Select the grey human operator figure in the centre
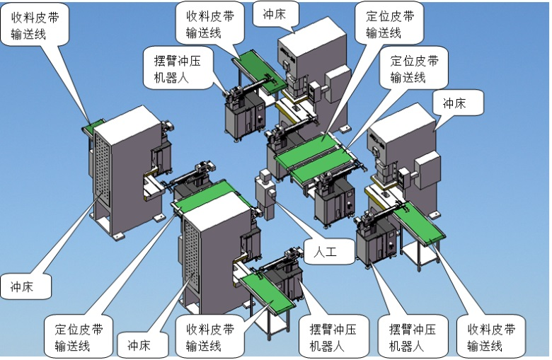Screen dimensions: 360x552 266,194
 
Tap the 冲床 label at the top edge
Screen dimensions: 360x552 275,13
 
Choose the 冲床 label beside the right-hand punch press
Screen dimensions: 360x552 454,103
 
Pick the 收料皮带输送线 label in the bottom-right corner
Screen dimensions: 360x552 491,337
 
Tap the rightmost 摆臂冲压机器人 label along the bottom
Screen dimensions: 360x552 412,337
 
